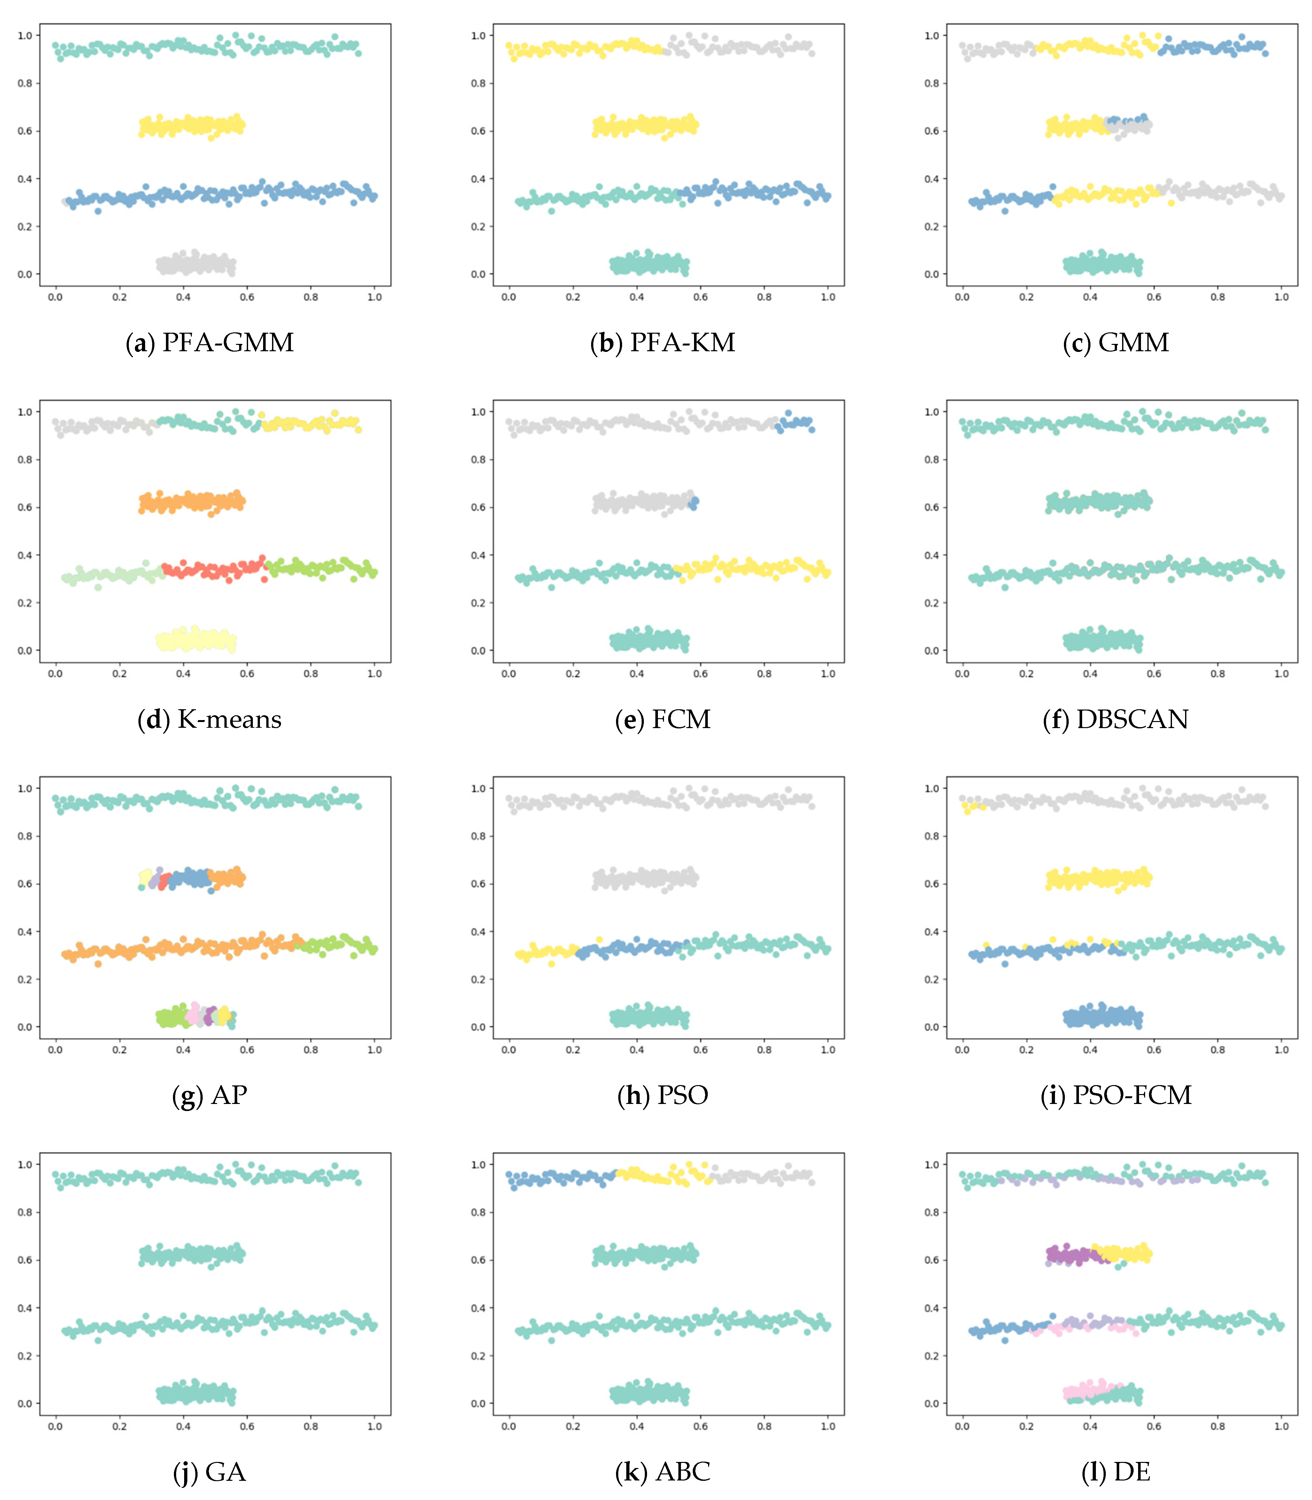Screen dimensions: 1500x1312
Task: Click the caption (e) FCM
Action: tap(663, 719)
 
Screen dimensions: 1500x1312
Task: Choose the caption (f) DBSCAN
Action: tap(1116, 719)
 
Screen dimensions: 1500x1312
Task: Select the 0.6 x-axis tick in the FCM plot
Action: tap(701, 674)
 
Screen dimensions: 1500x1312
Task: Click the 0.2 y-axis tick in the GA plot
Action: tap(25, 1356)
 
